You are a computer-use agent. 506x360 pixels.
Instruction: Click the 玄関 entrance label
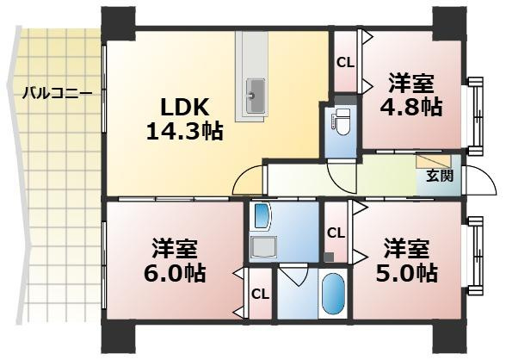click(x=436, y=177)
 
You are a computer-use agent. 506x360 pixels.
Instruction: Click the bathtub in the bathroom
click(x=331, y=296)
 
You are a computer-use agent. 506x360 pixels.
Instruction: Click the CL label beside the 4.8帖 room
click(x=344, y=62)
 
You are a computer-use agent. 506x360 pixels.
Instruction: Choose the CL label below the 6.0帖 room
click(x=259, y=294)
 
